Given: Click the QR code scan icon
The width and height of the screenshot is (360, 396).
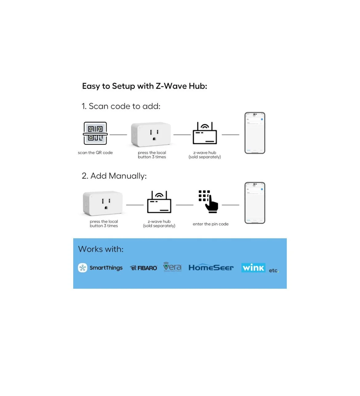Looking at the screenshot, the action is pyautogui.click(x=95, y=133).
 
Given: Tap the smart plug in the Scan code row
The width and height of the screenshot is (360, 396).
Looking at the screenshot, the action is pyautogui.click(x=151, y=135).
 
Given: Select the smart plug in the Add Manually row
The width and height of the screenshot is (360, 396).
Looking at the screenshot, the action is pyautogui.click(x=103, y=203).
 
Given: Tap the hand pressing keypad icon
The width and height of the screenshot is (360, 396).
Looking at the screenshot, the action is pyautogui.click(x=208, y=201).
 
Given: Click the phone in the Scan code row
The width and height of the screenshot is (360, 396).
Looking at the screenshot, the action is pyautogui.click(x=255, y=133).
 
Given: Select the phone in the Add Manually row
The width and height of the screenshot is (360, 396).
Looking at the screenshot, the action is pyautogui.click(x=255, y=203).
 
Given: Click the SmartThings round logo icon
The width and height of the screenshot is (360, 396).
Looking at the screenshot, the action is pyautogui.click(x=83, y=268).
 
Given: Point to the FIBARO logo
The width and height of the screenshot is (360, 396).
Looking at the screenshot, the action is pyautogui.click(x=144, y=268).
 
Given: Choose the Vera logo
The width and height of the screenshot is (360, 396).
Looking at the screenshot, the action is pyautogui.click(x=172, y=267).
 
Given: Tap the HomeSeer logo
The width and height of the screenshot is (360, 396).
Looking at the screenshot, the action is pyautogui.click(x=211, y=267).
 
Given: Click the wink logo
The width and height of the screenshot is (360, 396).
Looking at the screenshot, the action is pyautogui.click(x=253, y=268).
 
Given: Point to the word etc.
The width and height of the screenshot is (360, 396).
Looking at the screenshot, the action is pyautogui.click(x=273, y=271).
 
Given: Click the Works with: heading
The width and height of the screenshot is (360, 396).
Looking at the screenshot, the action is pyautogui.click(x=101, y=249).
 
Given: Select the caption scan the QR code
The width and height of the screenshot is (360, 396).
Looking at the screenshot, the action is pyautogui.click(x=95, y=152).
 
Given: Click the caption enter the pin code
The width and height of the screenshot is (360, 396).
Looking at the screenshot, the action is pyautogui.click(x=210, y=224).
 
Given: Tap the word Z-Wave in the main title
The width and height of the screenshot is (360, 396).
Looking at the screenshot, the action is pyautogui.click(x=171, y=86).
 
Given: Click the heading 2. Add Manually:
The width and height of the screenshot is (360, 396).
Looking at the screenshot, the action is pyautogui.click(x=114, y=176).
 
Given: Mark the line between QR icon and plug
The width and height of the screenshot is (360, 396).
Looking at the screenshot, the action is pyautogui.click(x=118, y=135).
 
